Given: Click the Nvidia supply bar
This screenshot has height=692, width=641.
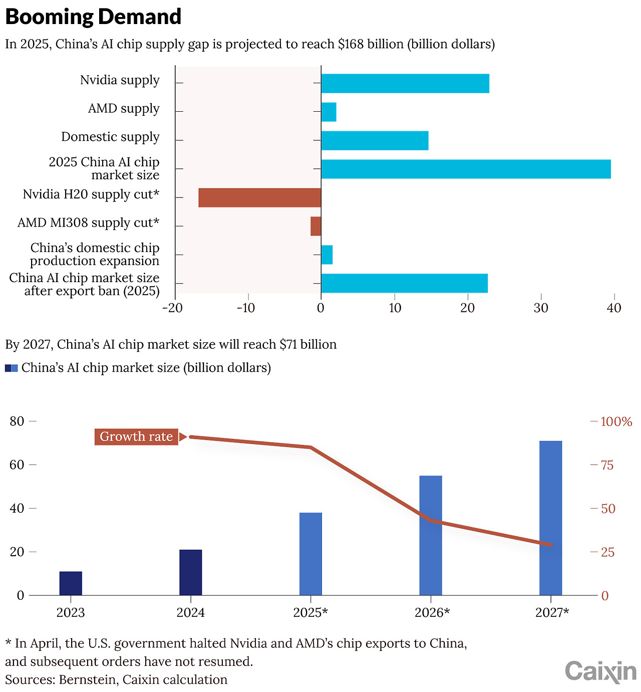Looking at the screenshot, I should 405,83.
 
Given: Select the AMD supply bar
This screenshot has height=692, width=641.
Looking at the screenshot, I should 329,112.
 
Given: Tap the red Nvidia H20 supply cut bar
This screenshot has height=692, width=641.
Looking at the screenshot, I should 259,197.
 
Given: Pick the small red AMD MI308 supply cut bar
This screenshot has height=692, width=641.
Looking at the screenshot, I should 315,226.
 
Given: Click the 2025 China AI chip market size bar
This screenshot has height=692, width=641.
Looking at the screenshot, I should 466,169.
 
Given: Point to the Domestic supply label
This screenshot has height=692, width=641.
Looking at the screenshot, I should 110,137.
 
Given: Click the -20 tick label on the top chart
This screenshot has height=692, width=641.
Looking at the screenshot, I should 173,308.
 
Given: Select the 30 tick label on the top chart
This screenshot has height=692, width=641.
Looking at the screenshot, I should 541,308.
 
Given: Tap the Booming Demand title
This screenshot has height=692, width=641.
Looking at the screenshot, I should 93,17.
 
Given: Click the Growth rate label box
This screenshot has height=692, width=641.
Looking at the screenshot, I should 136,436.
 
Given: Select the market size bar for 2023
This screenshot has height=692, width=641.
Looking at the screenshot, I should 71,583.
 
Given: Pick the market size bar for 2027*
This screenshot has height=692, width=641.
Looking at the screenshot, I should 550,518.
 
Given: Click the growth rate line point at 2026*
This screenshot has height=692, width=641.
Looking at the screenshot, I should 431,520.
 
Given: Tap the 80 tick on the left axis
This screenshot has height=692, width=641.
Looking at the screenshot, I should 17,421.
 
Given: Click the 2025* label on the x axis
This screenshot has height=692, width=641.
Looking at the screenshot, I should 310,612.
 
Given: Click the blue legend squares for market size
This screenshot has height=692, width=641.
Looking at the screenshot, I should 12,368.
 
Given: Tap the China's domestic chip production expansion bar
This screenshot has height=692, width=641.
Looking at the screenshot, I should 327,255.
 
